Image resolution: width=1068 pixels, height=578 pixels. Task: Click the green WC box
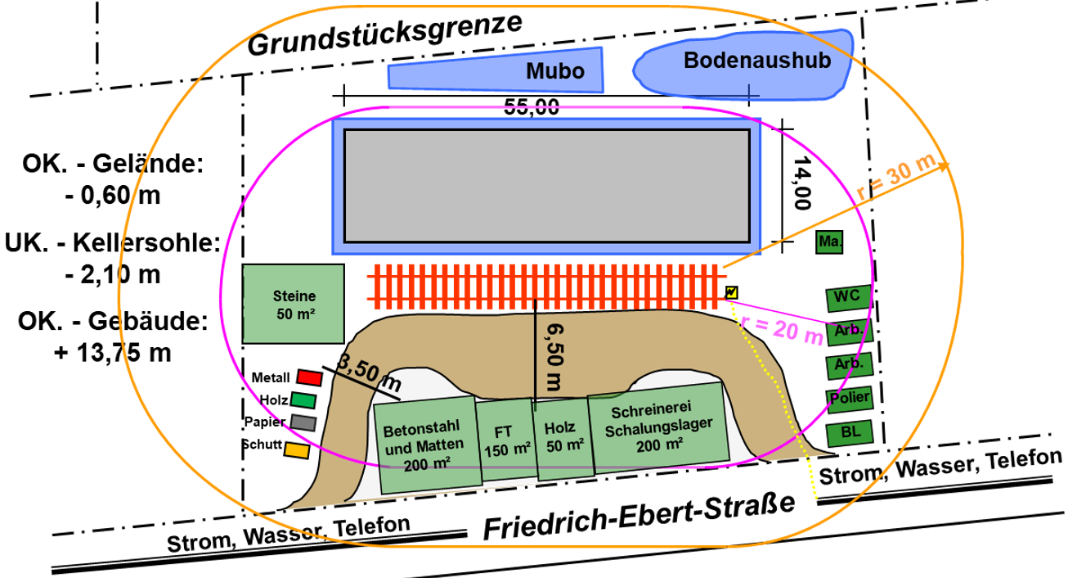click(849, 297)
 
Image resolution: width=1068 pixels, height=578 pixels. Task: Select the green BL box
click(850, 433)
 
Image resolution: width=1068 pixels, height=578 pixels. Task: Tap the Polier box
click(850, 399)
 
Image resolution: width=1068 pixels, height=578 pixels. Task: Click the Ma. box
click(829, 242)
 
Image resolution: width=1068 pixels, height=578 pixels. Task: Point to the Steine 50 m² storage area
click(294, 304)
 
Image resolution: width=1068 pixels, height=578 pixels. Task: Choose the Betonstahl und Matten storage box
click(427, 445)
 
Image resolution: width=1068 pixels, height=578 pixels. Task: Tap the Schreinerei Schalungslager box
click(658, 427)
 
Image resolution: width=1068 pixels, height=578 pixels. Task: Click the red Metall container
click(309, 377)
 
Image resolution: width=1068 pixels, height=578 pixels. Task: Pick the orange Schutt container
click(297, 450)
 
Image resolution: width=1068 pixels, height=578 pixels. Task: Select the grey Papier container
click(303, 422)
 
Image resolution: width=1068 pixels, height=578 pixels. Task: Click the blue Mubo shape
click(496, 70)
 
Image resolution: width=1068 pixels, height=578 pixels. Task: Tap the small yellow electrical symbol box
click(731, 292)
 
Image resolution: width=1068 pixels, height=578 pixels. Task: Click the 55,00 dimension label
click(532, 107)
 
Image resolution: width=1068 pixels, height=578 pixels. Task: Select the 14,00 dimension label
click(802, 183)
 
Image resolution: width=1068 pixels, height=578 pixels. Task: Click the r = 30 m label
click(896, 177)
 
